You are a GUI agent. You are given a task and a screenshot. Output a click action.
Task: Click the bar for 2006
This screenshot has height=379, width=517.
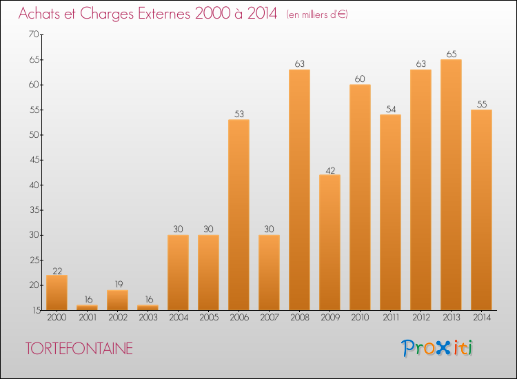click(x=239, y=215)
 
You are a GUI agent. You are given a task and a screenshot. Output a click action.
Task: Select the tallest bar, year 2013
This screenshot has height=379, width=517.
click(x=451, y=185)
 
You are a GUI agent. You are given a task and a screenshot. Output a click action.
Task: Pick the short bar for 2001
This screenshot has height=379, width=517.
click(x=87, y=307)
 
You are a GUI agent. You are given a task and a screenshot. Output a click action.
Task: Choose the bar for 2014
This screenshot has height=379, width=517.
click(x=481, y=210)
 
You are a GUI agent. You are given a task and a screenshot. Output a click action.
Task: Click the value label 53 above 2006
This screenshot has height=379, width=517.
click(x=239, y=114)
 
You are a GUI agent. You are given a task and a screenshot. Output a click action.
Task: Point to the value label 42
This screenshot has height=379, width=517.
click(x=330, y=170)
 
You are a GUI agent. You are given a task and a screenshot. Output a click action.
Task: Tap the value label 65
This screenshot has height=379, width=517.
click(x=451, y=54)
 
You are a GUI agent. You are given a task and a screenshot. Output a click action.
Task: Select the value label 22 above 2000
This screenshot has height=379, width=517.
click(x=57, y=269)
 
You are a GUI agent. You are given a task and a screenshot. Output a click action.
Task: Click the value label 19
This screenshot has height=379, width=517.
click(x=117, y=285)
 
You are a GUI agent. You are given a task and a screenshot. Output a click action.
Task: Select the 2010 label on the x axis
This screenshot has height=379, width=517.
click(x=360, y=318)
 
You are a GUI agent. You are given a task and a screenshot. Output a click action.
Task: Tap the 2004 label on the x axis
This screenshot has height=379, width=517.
click(x=178, y=318)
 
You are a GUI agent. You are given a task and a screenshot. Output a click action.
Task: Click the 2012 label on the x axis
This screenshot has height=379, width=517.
click(x=420, y=318)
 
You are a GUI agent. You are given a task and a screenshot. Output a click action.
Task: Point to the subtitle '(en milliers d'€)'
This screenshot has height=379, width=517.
click(x=316, y=14)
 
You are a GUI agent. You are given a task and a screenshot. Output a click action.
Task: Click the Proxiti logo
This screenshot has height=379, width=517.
click(x=437, y=348)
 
